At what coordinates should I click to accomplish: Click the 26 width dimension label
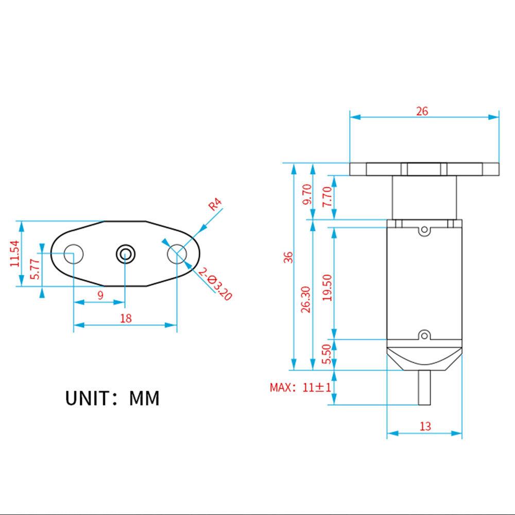click(x=422, y=111)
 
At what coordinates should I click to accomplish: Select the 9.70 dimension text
click(x=307, y=194)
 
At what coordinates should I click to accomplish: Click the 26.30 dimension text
click(x=306, y=299)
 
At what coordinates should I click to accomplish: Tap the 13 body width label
click(x=425, y=426)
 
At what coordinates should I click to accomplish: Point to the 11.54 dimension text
click(x=14, y=253)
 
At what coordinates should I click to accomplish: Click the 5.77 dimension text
click(x=34, y=269)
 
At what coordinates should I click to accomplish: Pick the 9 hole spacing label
click(x=100, y=295)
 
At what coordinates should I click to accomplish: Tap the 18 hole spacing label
click(x=125, y=318)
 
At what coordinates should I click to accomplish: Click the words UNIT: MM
click(x=112, y=398)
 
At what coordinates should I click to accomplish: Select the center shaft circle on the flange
click(x=125, y=253)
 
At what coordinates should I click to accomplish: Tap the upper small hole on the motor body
click(x=424, y=230)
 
